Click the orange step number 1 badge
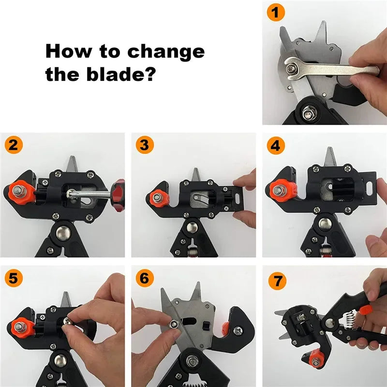pos(276,13)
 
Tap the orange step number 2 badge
pos(14,145)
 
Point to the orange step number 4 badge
pos(275,145)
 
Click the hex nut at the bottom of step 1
pos(307,115)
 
